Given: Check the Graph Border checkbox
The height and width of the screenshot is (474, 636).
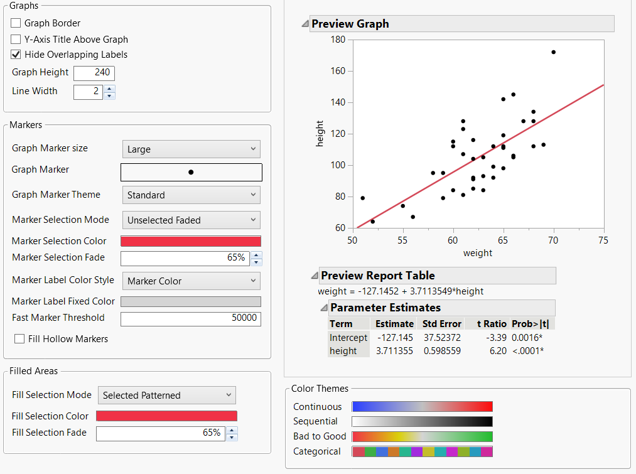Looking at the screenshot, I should [16, 23].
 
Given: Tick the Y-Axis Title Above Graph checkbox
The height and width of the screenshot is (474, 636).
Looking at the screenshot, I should [16, 39].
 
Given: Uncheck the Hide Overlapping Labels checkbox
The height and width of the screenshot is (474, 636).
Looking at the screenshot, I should [16, 55].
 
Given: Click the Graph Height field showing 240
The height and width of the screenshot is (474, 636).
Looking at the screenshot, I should [94, 73].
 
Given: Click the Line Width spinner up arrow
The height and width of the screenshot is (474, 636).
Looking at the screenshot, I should [109, 89].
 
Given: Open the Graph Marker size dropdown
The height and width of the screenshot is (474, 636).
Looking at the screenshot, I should [191, 149].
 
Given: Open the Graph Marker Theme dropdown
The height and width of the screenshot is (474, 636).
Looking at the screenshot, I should [191, 195].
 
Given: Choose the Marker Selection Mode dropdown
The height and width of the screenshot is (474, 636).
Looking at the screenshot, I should [191, 220].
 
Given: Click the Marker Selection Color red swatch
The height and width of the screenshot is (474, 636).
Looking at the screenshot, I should [191, 242].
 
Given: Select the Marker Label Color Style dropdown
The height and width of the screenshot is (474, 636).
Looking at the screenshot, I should [191, 281].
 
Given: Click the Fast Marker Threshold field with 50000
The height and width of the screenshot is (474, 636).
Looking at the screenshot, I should [191, 318].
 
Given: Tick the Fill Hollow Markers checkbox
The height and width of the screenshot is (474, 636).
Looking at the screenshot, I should [20, 339].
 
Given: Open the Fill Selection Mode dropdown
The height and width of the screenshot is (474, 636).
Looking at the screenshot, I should [167, 396].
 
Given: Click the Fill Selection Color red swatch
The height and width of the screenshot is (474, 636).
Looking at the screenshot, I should [166, 416].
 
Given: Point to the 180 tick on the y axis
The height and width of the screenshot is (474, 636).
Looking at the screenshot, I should [338, 40].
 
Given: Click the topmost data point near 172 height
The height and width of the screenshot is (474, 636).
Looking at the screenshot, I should [553, 52].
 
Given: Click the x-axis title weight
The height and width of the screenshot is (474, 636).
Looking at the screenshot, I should [478, 253].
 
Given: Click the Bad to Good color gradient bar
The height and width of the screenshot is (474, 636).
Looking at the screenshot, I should [422, 436].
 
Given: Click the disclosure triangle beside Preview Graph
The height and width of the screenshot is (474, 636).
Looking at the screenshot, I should [305, 24].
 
